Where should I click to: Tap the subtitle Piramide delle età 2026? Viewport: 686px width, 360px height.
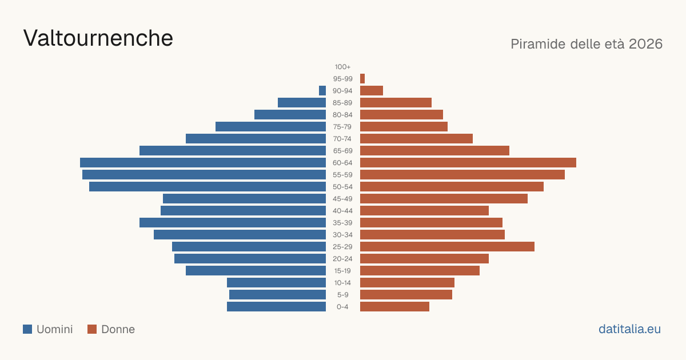[x=587, y=44]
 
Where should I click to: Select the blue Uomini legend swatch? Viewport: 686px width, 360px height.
[x=27, y=329]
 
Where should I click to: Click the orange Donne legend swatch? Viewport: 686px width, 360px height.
[x=92, y=329]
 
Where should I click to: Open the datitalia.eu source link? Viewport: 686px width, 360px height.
[x=629, y=329]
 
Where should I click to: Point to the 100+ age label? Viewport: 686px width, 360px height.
[x=342, y=67]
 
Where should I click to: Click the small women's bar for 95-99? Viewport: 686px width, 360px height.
[x=362, y=79]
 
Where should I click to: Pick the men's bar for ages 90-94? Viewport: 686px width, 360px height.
[x=322, y=91]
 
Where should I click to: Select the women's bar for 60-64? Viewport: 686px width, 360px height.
[x=468, y=162]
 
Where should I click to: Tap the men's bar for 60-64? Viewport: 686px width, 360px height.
[x=203, y=162]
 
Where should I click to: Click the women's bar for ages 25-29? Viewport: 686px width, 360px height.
[x=447, y=247]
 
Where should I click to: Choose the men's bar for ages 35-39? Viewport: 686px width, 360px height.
[x=233, y=222]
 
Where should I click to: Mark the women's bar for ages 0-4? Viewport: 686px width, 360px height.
[x=395, y=307]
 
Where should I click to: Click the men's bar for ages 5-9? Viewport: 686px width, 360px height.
[x=277, y=295]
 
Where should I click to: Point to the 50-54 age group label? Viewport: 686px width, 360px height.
[x=342, y=187]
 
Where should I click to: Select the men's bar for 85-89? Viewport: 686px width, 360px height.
[x=302, y=102]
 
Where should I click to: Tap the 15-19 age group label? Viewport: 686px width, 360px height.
[x=342, y=271]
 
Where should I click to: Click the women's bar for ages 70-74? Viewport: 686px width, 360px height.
[x=417, y=139]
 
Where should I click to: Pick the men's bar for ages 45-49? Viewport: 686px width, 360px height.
[x=245, y=199]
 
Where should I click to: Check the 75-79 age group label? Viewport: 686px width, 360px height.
[x=342, y=127]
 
